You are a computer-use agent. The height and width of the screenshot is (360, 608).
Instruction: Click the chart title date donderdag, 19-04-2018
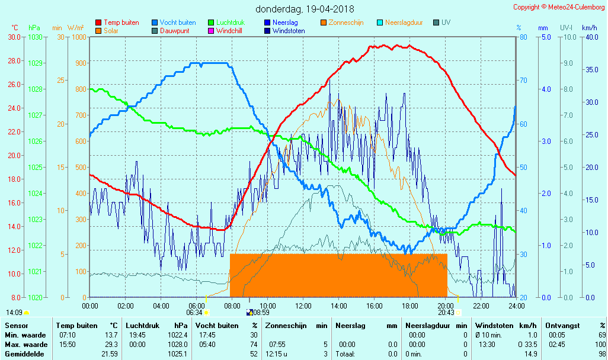coord(305,9)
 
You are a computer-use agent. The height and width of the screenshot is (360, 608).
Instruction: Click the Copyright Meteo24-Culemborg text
coord(558,7)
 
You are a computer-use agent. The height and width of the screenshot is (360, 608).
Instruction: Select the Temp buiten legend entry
coord(121,22)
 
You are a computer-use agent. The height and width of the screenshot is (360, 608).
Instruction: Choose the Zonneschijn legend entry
coord(347,22)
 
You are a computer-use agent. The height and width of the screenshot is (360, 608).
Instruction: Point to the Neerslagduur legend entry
coord(404,22)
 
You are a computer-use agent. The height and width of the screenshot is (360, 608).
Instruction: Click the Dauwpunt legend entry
coord(174,31)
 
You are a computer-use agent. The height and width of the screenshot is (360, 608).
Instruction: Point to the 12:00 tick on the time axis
coord(303,306)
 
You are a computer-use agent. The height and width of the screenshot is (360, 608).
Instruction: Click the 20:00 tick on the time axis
coord(446,306)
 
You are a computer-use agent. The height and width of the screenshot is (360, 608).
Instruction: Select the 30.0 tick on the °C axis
coord(14,37)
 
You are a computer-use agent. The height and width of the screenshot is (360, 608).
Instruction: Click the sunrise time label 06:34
coord(194,313)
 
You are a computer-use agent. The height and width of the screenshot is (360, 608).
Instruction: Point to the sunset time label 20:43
coord(446,313)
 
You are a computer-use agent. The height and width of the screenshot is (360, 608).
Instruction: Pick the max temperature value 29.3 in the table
coord(111,345)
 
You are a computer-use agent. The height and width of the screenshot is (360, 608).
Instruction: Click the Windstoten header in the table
coord(496,326)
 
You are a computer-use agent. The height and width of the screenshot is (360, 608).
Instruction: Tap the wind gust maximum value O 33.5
coord(527,345)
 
